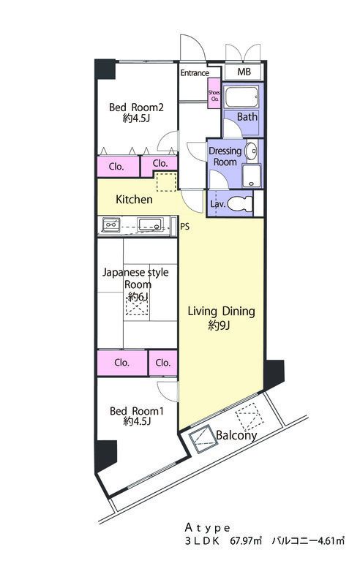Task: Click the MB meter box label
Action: [244, 72]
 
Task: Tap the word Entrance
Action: [195, 72]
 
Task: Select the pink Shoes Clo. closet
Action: [214, 94]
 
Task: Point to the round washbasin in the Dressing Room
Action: [251, 151]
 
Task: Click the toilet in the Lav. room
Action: [239, 204]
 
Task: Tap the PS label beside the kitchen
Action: [185, 226]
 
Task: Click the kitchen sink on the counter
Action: [149, 224]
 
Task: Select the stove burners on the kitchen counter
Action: [111, 224]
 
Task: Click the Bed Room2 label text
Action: [136, 107]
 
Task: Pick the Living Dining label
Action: [221, 312]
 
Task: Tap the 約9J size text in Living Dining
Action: [219, 325]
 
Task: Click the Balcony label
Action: [236, 435]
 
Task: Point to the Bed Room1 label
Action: [137, 411]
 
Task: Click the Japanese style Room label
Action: [135, 279]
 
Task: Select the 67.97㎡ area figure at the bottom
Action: [246, 540]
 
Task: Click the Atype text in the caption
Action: [208, 528]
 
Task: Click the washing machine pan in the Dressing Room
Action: [252, 175]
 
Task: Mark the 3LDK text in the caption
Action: [202, 541]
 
